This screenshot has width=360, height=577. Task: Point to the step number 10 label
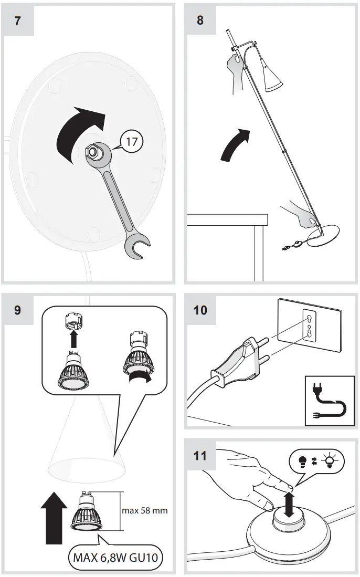(x=200, y=310)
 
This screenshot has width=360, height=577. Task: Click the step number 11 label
(x=200, y=455)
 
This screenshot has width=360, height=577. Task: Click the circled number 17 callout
(x=132, y=141)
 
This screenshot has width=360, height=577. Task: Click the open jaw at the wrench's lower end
(x=137, y=246)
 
